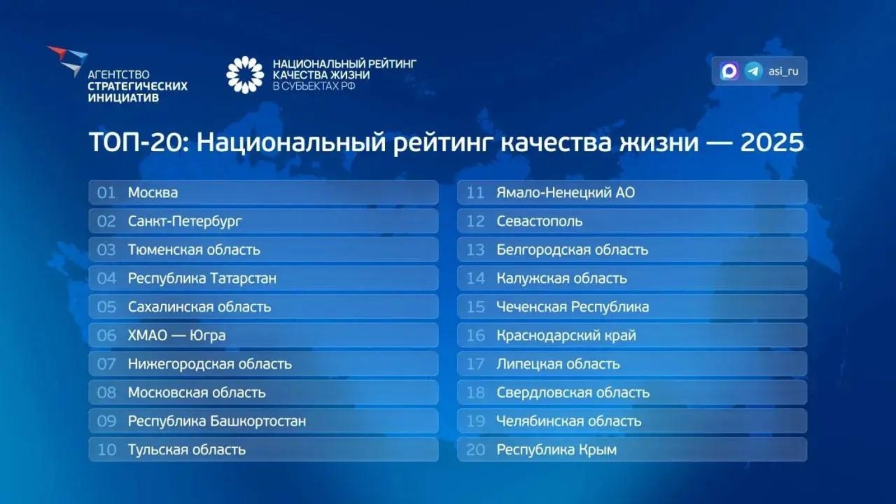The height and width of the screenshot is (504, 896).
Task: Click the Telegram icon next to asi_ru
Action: pos(753,71)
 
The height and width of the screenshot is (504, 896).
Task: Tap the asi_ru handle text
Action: pos(783,71)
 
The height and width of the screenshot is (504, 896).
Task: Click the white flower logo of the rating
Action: pos(245,74)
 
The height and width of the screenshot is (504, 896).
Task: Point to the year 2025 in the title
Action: pos(772,142)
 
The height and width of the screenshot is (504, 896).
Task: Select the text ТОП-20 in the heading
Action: pos(136,142)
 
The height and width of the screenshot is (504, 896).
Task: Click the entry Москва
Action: pos(153,193)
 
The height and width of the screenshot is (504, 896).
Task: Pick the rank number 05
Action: pos(106,307)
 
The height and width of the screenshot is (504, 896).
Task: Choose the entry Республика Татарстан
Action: pos(202,278)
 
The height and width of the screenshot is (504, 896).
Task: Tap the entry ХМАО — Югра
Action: pos(176,335)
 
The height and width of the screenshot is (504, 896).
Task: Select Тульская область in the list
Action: pos(186,450)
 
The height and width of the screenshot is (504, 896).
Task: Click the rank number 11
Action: pos(475,193)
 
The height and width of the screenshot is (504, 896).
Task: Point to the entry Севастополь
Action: pos(539,221)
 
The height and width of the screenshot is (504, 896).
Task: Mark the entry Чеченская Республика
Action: pos(572,307)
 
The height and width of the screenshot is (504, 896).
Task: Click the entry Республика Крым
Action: pos(556,450)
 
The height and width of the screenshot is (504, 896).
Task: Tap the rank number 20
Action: pos(475,450)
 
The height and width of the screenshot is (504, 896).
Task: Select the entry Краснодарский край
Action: pos(566,335)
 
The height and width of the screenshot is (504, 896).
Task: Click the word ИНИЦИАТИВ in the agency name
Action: pos(123,98)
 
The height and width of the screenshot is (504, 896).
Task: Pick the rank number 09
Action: pos(106,421)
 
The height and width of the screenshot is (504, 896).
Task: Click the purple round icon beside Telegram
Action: pos(729,71)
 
